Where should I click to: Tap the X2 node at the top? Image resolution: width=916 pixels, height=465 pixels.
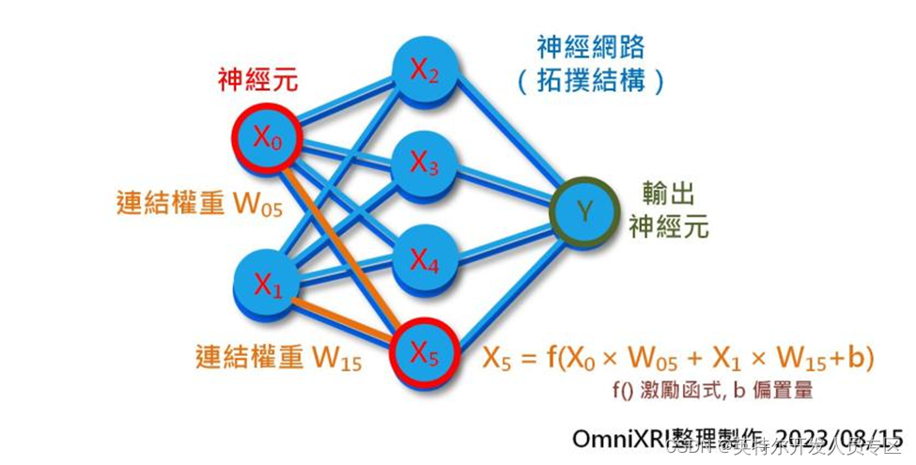423,69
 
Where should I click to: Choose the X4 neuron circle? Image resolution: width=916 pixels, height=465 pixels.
424,259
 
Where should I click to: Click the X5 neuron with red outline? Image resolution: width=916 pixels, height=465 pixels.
424,351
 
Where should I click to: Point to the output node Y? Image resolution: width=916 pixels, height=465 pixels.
585,211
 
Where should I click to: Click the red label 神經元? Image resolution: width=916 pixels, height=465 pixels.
257,80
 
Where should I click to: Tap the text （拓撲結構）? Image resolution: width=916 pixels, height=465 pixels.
590,82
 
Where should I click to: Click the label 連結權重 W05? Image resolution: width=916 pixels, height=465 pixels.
199,205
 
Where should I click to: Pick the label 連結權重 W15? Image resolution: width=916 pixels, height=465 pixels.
279,358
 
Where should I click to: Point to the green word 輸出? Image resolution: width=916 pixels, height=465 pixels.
668,194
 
